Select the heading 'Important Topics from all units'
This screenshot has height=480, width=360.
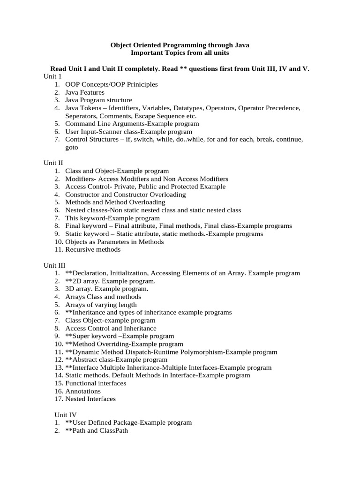tap(180, 53)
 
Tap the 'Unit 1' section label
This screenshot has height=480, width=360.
tap(52, 76)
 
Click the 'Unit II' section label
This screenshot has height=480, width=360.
tap(54, 163)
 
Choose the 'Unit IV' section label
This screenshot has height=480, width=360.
tap(65, 414)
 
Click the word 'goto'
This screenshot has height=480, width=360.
tap(72, 147)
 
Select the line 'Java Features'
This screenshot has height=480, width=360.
tap(85, 92)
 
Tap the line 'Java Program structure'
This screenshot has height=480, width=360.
tap(98, 100)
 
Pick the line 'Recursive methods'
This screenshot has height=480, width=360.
tap(93, 249)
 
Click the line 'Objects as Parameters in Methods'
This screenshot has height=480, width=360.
tap(114, 241)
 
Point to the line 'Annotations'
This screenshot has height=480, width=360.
tap(83, 391)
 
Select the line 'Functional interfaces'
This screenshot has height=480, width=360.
tap(96, 383)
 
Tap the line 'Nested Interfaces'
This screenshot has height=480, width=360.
tap(90, 399)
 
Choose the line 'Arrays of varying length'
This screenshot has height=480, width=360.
tap(101, 305)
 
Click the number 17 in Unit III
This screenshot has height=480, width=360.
tap(58, 399)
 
